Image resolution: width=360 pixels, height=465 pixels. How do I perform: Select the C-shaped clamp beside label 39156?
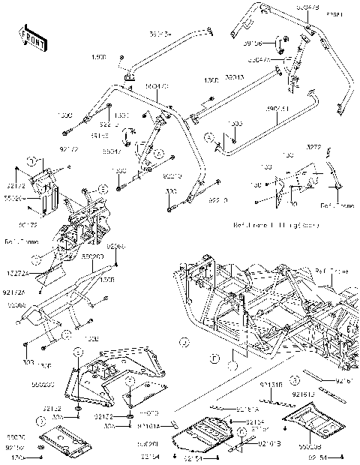pos(278,43)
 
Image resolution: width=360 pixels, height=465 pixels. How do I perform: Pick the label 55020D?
pos(91,256)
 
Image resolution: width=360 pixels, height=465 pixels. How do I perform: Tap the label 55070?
pos(16,436)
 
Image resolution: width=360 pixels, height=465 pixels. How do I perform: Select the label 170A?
pos(16,455)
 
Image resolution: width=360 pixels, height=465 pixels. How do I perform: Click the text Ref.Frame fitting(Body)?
pos(266,224)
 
